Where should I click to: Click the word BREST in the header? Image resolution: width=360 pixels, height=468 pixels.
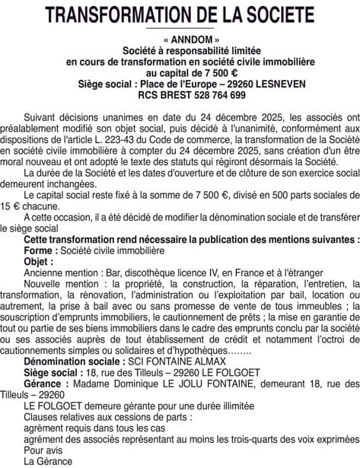pyautogui.click(x=177, y=95)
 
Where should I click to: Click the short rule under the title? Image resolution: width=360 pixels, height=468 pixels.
pyautogui.click(x=180, y=29)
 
